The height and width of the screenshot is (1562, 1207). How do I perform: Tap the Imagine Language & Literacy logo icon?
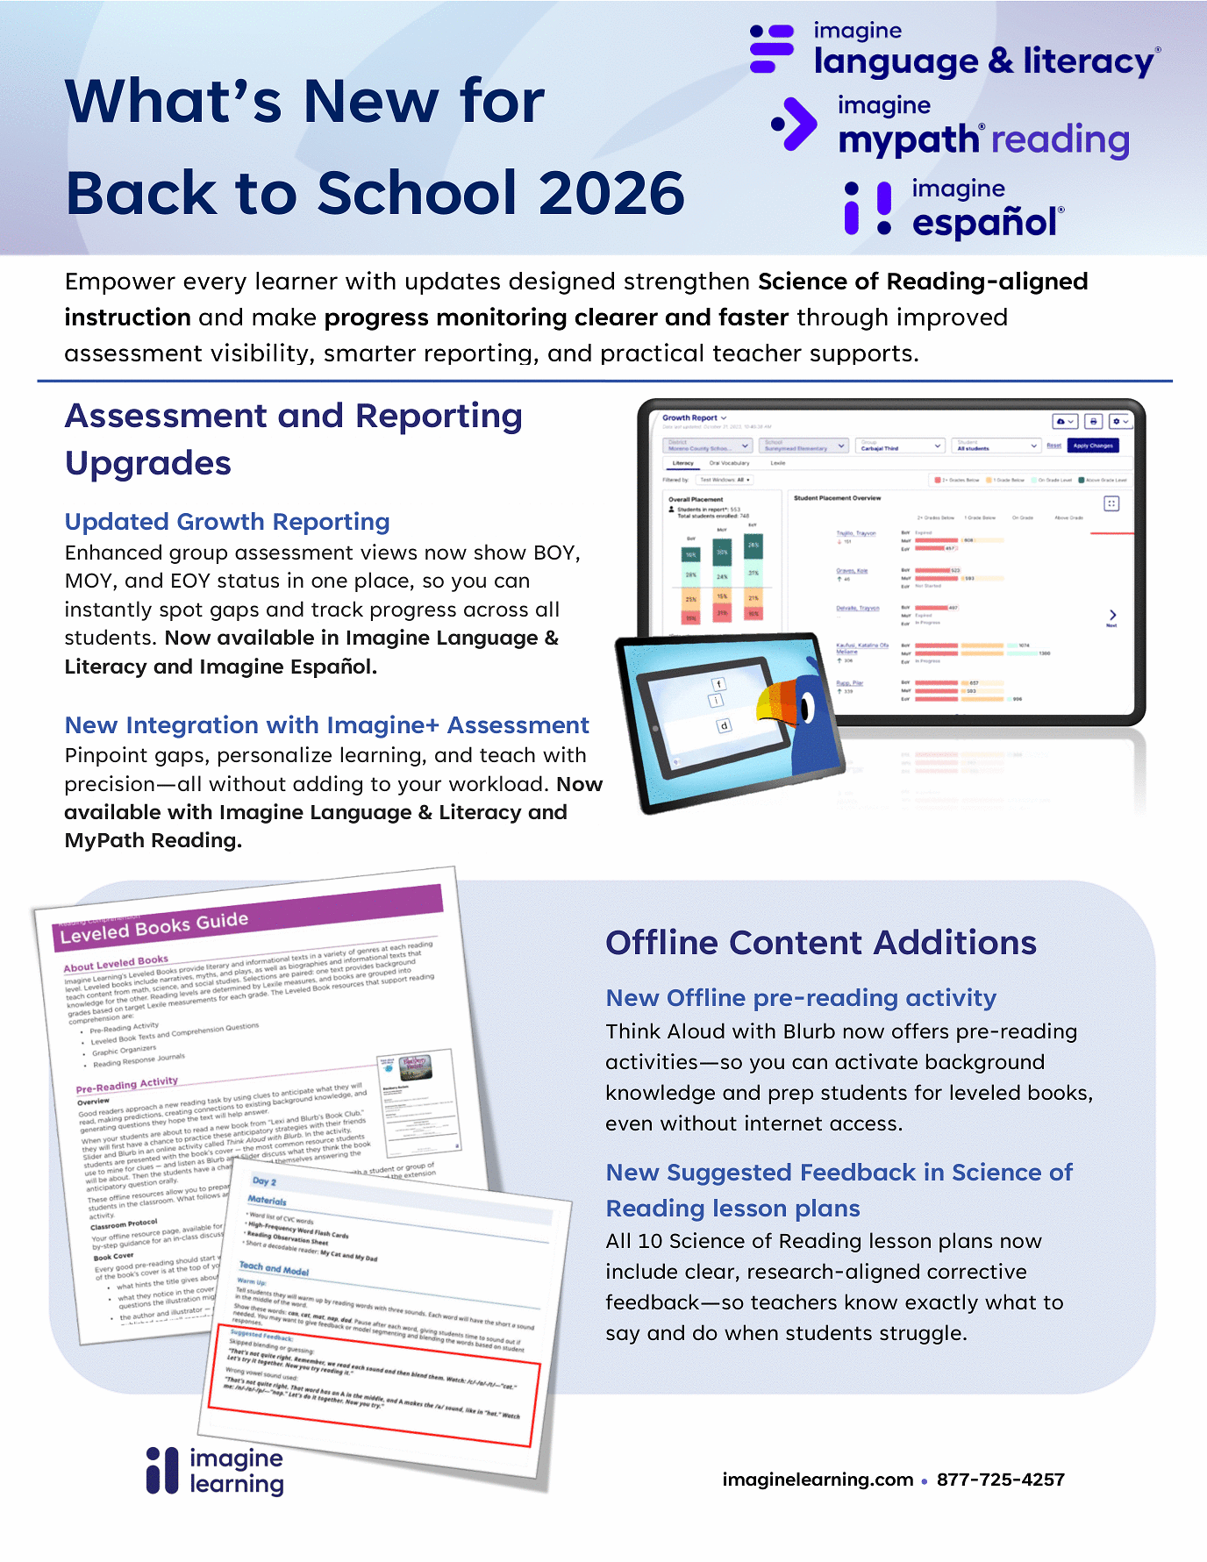[x=772, y=49]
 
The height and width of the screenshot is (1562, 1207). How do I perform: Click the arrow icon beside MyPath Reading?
[x=795, y=124]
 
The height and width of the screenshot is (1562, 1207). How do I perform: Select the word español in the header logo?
[x=983, y=223]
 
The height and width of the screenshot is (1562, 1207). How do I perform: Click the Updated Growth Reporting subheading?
[x=227, y=522]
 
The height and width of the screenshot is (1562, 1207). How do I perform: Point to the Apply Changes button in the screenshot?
[x=1093, y=446]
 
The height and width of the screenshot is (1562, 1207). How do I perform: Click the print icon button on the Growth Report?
[x=1093, y=422]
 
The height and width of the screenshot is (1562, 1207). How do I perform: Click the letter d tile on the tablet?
[x=724, y=725]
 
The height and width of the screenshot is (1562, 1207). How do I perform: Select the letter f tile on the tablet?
[x=718, y=684]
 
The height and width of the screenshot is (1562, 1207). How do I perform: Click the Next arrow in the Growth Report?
[x=1111, y=616]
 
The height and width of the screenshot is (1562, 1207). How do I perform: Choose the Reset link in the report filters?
[x=1053, y=446]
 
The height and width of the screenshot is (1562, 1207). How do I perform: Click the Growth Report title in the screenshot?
[x=690, y=418]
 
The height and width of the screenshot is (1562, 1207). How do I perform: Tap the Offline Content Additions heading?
[x=821, y=943]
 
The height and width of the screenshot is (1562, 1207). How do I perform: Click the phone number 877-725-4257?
[x=1000, y=1480]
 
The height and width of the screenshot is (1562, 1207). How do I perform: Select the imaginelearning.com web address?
[x=818, y=1480]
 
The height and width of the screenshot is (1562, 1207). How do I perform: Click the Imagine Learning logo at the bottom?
[x=216, y=1471]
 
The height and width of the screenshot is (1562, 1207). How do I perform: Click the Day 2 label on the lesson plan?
[x=264, y=1181]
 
